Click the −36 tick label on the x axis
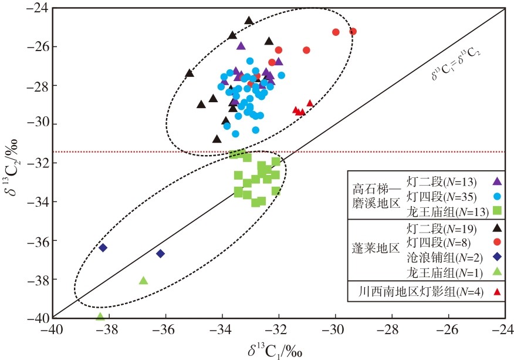click(x=165, y=329)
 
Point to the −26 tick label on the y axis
click(x=37, y=46)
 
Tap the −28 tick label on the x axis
click(x=392, y=329)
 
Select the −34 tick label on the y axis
click(x=37, y=201)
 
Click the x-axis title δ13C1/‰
click(x=275, y=351)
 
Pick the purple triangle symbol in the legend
click(x=498, y=181)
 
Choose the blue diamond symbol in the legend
click(x=498, y=257)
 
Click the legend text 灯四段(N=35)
click(x=442, y=197)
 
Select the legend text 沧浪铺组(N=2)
click(x=445, y=258)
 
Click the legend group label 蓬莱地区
click(x=376, y=248)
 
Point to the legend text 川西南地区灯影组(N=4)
click(x=421, y=291)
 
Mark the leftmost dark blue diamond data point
click(x=103, y=247)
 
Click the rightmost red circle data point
click(x=353, y=32)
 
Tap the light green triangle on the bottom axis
click(x=100, y=317)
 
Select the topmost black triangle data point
click(x=249, y=21)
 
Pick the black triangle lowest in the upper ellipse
click(x=217, y=139)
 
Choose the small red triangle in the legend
click(x=498, y=291)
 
